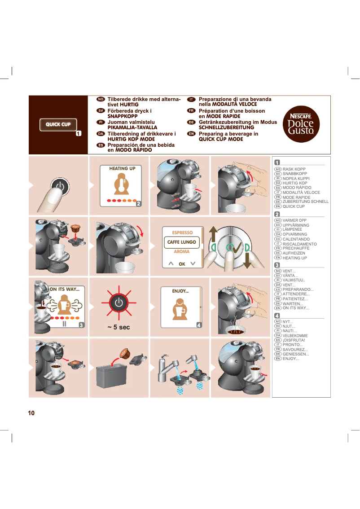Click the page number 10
(x=31, y=413)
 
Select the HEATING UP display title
(x=122, y=169)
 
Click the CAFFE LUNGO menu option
(x=181, y=242)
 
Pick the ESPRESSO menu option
(x=182, y=233)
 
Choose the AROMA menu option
(x=181, y=252)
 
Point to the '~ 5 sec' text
(x=119, y=327)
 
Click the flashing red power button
(x=119, y=302)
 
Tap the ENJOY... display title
(x=180, y=291)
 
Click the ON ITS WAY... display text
(x=64, y=290)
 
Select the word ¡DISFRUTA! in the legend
(x=294, y=340)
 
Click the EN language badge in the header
(x=191, y=134)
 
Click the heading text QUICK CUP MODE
(x=221, y=139)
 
